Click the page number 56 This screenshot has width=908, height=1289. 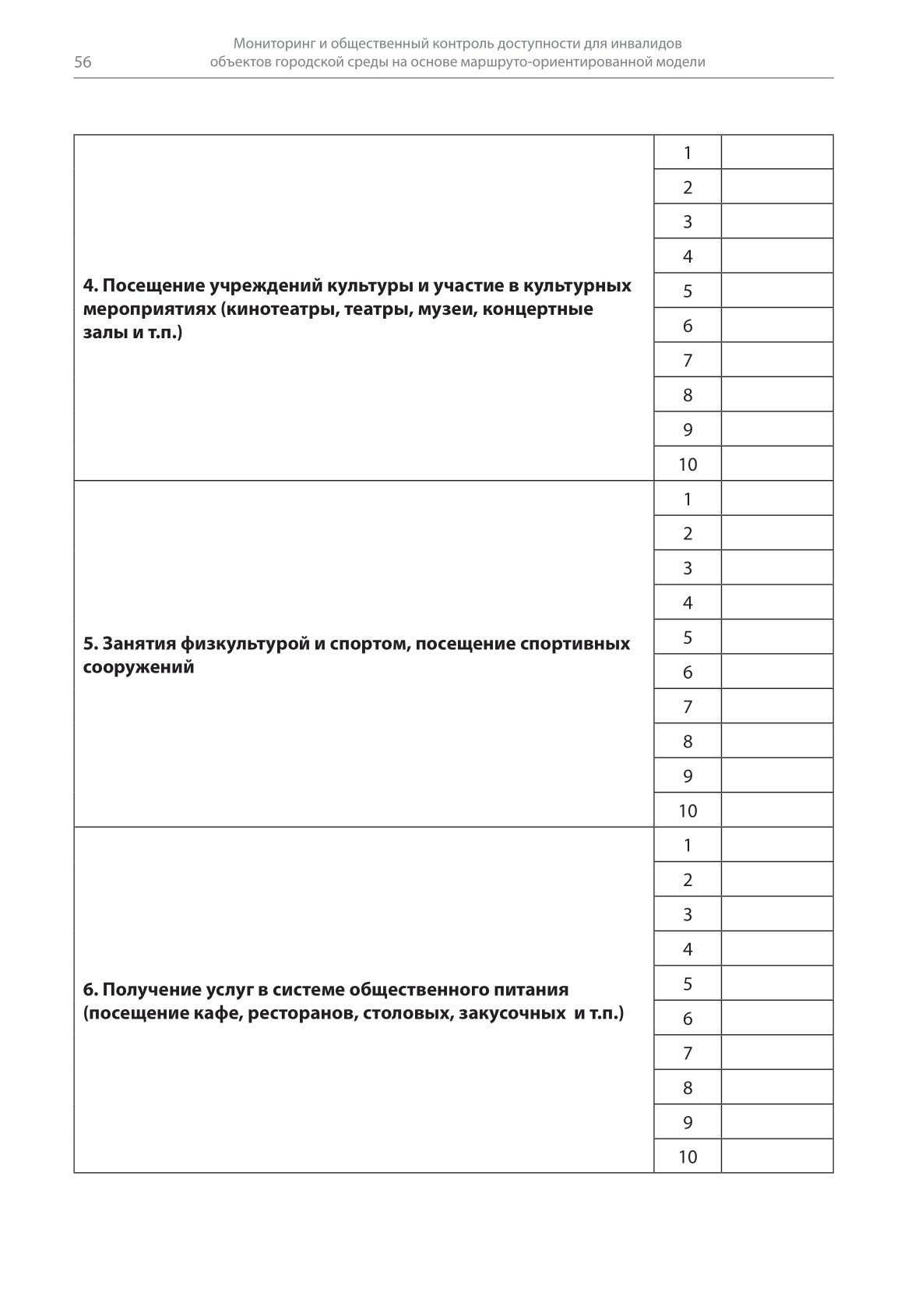point(83,63)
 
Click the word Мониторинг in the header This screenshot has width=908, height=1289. point(274,44)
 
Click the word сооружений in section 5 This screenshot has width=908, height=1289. point(139,667)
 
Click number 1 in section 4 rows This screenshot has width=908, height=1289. point(688,153)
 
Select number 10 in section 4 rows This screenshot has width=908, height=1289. point(688,464)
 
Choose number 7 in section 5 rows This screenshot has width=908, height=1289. point(688,707)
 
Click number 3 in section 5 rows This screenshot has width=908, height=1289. point(688,568)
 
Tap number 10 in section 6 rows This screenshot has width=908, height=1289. point(688,1157)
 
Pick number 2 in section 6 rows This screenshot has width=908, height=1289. point(688,880)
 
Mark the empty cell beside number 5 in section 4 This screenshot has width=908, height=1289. point(777,291)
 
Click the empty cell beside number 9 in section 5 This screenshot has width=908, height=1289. point(777,776)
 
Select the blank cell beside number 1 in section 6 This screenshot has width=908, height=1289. point(777,845)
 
